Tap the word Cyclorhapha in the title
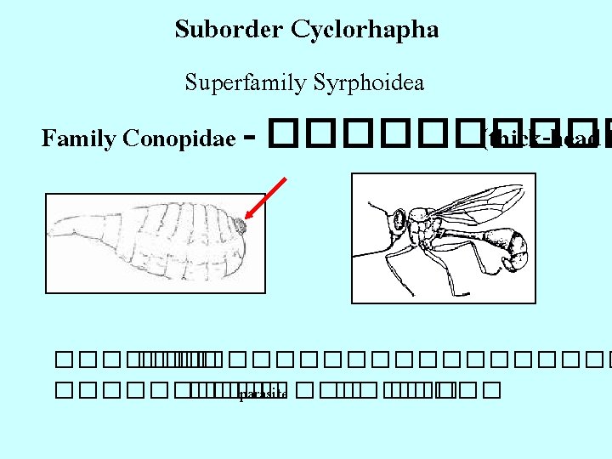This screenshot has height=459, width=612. (x=365, y=31)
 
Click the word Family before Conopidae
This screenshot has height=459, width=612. (x=79, y=138)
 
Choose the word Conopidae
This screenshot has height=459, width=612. (x=179, y=138)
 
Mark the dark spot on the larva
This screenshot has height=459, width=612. (x=241, y=226)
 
